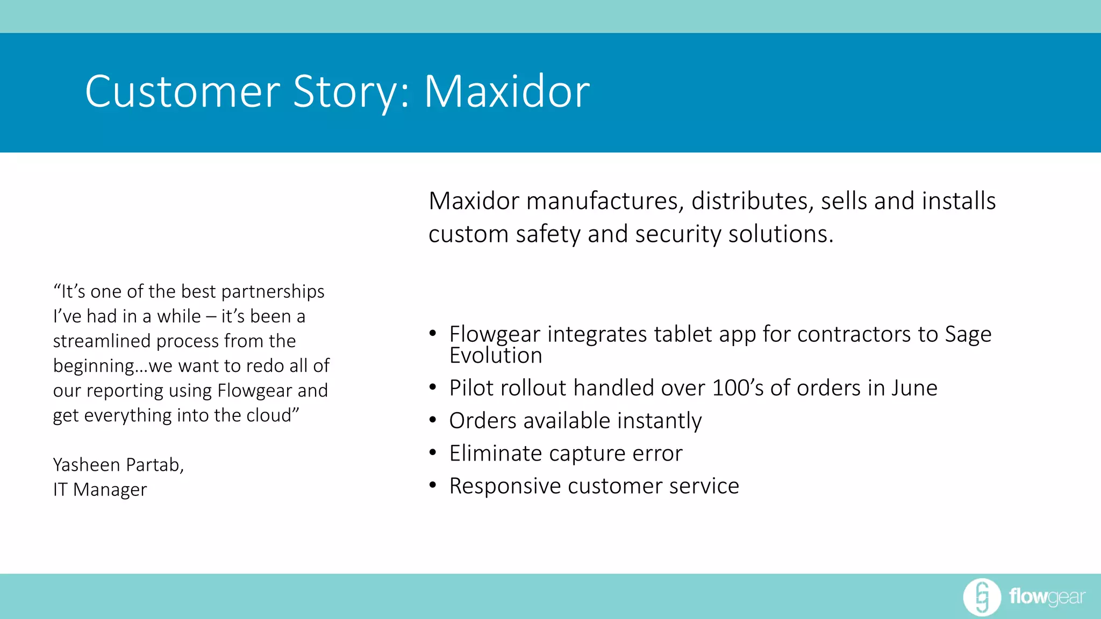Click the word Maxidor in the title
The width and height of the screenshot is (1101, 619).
(x=507, y=91)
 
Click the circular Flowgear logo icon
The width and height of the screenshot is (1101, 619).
(x=982, y=597)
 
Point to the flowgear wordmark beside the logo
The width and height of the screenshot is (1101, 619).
(x=1047, y=597)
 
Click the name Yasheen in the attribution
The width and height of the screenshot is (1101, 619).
(x=87, y=465)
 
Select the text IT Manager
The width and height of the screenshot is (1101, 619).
(x=100, y=490)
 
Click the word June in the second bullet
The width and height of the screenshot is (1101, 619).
(x=914, y=388)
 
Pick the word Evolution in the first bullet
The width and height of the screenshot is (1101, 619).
(x=496, y=356)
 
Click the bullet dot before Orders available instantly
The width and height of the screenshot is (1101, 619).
(x=433, y=420)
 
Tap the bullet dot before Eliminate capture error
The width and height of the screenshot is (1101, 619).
(x=433, y=453)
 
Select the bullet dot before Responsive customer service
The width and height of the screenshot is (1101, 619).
(x=433, y=486)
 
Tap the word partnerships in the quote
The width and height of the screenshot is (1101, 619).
(x=273, y=291)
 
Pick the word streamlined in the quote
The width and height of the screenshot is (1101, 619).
(x=102, y=341)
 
